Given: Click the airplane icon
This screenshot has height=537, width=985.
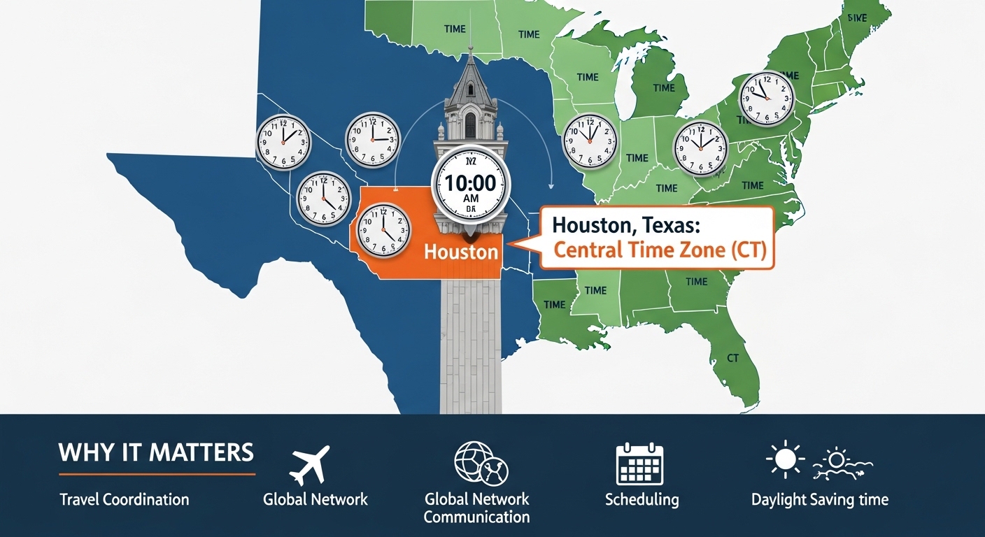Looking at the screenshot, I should click(309, 464).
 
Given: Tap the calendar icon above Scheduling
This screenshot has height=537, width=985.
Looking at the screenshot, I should click(639, 464).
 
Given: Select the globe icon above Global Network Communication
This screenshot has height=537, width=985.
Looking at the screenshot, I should click(481, 463).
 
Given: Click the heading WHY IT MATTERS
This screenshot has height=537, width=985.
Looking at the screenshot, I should click(156, 452).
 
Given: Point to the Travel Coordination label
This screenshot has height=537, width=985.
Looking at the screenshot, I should click(125, 499).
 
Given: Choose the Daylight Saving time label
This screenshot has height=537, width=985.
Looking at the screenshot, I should click(819, 499).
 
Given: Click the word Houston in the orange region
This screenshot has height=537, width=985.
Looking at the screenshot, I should click(461, 251).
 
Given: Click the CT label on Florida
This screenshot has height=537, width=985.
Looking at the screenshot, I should click(732, 358).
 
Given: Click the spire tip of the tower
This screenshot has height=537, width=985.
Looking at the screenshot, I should click(470, 50).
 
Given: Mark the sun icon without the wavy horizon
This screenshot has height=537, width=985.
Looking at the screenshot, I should click(785, 461).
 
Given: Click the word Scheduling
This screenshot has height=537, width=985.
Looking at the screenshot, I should click(642, 499).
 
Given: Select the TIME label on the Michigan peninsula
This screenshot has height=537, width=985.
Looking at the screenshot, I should click(663, 88).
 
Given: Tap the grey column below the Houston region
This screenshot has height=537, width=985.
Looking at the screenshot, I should click(470, 343).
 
